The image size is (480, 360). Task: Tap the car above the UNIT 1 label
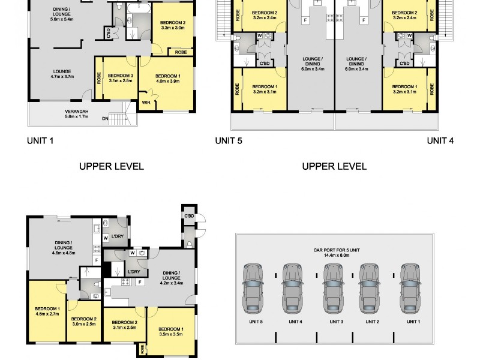[x=410, y=287]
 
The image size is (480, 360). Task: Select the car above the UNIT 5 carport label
[x=253, y=287]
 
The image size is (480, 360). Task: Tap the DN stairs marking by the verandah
[x=106, y=119]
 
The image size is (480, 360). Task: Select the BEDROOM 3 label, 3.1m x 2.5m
[x=121, y=79]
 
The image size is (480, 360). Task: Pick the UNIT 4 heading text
[x=440, y=141]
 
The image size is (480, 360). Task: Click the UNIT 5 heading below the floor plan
[x=229, y=141]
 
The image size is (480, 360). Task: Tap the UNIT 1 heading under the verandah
[x=40, y=141]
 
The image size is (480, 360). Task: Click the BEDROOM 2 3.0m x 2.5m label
[x=84, y=322]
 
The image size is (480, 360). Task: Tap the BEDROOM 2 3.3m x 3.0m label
[x=172, y=25]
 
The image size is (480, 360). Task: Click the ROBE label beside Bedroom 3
[x=98, y=79]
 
